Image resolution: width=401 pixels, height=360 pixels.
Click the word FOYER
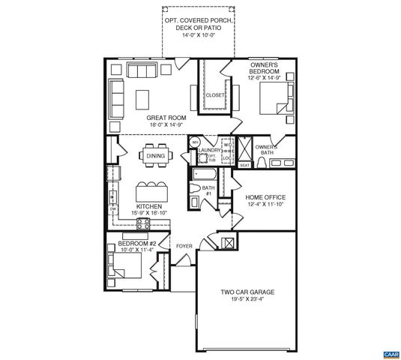[184, 246]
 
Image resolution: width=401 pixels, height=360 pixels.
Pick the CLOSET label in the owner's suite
[215, 95]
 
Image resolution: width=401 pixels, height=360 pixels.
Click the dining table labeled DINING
[156, 156]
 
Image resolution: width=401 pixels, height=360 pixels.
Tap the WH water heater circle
[193, 142]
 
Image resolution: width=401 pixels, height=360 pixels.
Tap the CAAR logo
[388, 351]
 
